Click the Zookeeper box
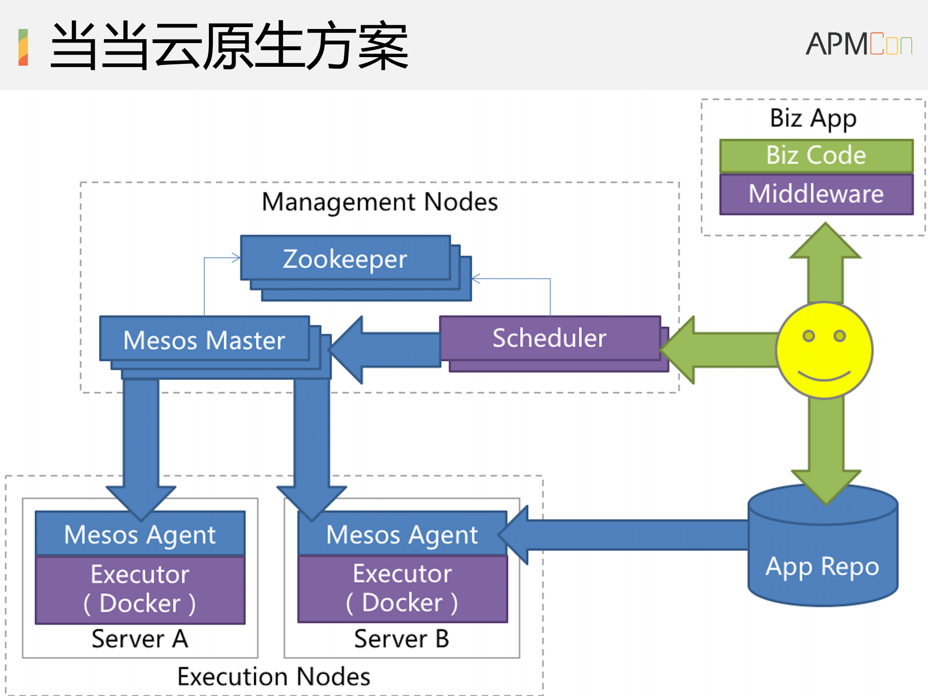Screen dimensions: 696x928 345,258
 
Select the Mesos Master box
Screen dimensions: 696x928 204,339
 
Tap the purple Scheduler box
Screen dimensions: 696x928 550,338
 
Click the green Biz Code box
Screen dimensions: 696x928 816,155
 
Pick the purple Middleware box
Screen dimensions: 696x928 816,194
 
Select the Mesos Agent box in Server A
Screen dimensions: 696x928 140,534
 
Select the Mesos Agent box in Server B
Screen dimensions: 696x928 402,534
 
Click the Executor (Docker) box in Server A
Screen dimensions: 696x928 140,589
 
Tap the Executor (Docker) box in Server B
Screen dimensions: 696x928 402,588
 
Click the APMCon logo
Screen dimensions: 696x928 859,44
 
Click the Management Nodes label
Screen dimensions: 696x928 380,202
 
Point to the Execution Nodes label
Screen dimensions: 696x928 274,676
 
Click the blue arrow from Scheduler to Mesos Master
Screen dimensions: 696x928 387,350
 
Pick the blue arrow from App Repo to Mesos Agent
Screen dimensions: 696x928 629,535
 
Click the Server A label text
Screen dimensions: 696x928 140,638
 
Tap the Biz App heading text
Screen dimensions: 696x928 813,118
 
